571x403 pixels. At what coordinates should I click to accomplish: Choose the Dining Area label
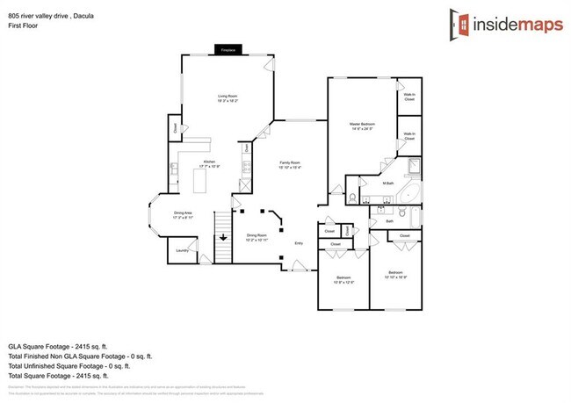pos(182,212)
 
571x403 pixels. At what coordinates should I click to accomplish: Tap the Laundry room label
pos(182,250)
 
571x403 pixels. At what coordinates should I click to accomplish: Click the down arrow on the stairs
pos(223,237)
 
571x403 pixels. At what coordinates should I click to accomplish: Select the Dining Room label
pos(257,236)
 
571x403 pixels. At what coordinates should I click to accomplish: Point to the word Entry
pos(299,242)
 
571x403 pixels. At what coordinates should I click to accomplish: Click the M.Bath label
pos(387,184)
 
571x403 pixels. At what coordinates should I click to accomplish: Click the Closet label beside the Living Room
pos(175,129)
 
